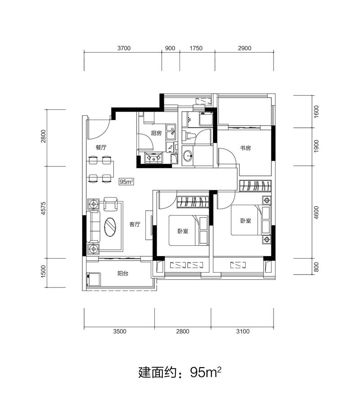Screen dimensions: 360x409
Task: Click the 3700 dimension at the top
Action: [x=124, y=48]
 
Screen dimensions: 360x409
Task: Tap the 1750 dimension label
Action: [x=196, y=48]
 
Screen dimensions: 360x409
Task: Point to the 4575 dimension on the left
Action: [x=43, y=208]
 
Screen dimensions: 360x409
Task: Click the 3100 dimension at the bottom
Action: [x=243, y=332]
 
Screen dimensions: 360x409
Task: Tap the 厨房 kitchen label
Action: [x=156, y=133]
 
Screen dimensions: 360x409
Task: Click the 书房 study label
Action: [x=246, y=148]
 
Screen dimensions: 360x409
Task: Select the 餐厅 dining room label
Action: [x=101, y=148]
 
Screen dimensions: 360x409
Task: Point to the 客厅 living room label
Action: [x=135, y=225]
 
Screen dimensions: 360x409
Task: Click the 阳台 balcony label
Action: [x=122, y=274]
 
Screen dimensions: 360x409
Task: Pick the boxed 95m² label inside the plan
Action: [x=126, y=181]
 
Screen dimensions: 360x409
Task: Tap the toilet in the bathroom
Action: [x=189, y=135]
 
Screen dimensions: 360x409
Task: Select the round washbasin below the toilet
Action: [x=187, y=156]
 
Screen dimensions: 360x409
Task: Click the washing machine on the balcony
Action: [x=94, y=279]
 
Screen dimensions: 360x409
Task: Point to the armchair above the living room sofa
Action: [x=110, y=204]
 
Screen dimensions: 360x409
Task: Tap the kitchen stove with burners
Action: [x=154, y=157]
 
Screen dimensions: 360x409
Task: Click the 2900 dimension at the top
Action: [x=245, y=48]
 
